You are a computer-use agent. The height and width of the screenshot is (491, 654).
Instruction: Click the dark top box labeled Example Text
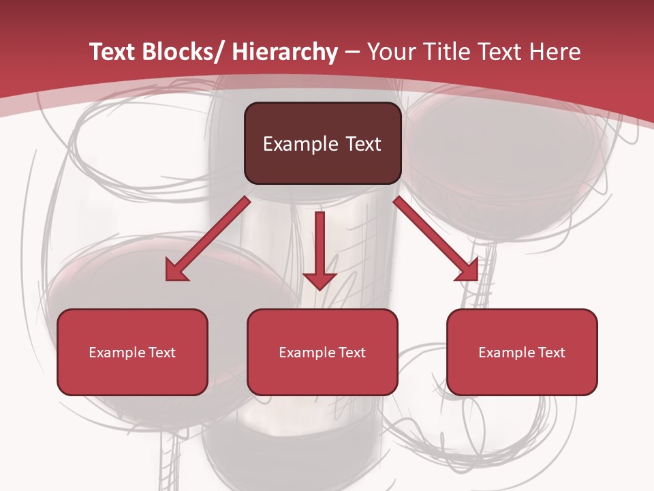(322, 143)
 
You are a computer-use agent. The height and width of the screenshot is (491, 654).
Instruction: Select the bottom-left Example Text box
(132, 352)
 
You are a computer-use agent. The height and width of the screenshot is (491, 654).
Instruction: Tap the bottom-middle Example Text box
(322, 352)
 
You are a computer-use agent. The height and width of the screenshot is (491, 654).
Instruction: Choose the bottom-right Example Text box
(522, 352)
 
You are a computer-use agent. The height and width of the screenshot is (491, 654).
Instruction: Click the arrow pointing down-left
(208, 239)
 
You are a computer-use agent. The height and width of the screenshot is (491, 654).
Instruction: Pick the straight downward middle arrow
(320, 249)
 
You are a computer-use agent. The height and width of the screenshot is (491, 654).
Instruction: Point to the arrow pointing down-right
(436, 239)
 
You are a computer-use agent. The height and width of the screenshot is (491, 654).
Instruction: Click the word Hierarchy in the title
(285, 52)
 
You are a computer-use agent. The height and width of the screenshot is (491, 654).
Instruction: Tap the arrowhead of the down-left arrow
(176, 271)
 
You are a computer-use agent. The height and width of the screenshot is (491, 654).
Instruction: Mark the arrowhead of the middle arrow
(320, 280)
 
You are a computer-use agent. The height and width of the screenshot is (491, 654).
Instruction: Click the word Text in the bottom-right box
(551, 352)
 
